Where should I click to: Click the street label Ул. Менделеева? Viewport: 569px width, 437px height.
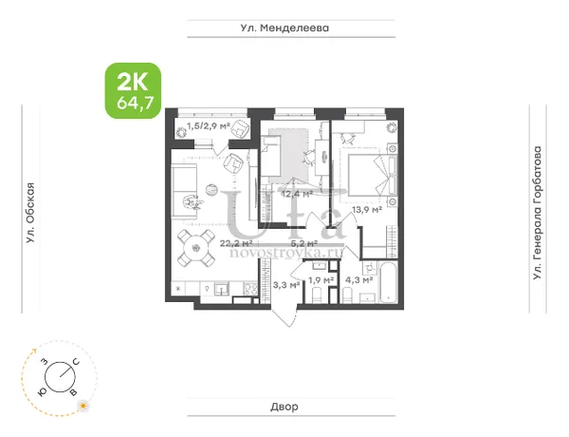click(284, 28)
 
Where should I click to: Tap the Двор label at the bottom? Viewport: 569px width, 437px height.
click(284, 407)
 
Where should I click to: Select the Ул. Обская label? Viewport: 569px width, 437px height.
click(31, 213)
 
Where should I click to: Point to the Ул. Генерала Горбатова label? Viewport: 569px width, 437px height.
click(537, 213)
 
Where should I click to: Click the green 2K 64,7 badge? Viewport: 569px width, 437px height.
click(133, 91)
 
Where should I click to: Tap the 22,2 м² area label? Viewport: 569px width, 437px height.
click(236, 243)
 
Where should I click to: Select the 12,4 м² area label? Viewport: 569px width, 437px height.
click(297, 194)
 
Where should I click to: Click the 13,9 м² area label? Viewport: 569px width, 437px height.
click(367, 209)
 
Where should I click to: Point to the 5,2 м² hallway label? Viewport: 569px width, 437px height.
click(304, 243)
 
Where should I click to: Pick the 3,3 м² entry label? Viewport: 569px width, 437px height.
click(286, 285)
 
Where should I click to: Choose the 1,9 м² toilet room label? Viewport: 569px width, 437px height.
click(321, 280)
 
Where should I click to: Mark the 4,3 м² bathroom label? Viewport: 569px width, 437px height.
click(359, 280)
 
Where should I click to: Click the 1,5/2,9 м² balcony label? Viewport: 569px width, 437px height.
click(209, 126)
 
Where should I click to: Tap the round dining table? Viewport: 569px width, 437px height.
click(196, 249)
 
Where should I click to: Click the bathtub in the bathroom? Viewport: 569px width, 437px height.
click(388, 282)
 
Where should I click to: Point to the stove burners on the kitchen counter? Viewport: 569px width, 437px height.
click(250, 289)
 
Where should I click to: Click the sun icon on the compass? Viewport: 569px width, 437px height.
click(83, 406)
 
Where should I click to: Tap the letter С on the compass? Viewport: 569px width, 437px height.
click(76, 361)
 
